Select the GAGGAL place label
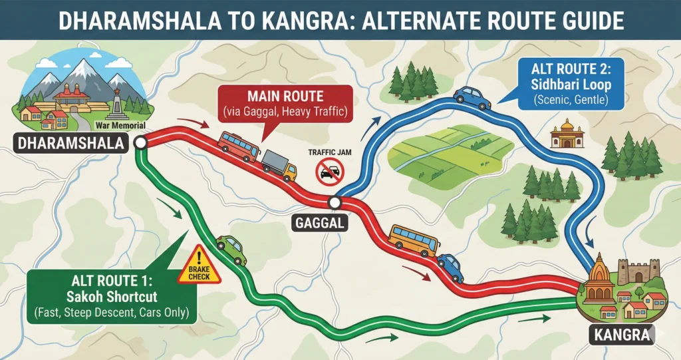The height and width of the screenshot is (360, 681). [319, 224]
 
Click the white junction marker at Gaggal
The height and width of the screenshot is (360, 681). [335, 202]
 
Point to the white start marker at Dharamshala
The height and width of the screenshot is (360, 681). [140, 142]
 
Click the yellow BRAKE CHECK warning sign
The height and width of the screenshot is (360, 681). [198, 266]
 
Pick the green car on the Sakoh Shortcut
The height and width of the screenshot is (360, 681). [230, 249]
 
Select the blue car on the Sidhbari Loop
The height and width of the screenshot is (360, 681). [472, 97]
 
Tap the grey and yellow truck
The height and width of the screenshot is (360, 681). [279, 164]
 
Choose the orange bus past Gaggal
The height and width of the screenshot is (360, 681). [413, 240]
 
